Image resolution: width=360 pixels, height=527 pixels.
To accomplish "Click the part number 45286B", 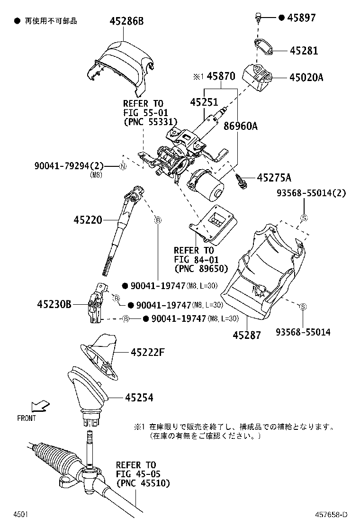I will (127, 21).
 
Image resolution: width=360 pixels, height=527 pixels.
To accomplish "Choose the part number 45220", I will (88, 220).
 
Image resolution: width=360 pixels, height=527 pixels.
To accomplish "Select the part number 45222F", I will (148, 352).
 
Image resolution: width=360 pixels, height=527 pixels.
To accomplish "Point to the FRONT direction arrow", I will (39, 406).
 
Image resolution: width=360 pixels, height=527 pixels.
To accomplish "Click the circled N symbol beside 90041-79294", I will (122, 166).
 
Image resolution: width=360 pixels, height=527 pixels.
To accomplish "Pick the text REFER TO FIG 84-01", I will (194, 254).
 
